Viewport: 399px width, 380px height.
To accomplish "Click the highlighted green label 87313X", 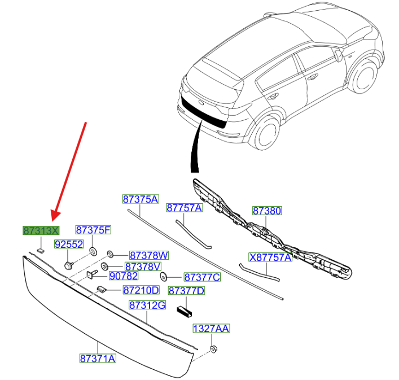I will point(41,230).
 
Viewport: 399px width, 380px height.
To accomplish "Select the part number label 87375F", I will point(94,230).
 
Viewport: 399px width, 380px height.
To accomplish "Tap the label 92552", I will point(69,244).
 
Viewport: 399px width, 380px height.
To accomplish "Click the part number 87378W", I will point(149,255).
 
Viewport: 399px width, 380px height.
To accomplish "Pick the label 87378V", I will point(143,266).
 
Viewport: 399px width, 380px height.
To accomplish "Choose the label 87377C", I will point(202,277).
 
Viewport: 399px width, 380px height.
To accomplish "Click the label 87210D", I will point(141,290).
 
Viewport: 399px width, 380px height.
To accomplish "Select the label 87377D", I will point(186,291).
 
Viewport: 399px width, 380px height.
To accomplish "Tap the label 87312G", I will point(147,305).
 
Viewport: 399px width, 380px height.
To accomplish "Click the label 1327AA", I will point(212,328).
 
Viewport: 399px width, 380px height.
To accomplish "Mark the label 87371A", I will point(98,358).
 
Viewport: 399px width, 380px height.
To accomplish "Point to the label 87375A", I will point(141,199).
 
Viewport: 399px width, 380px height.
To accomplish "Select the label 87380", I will point(266,211).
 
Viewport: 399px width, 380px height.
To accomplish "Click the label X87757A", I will point(270,257).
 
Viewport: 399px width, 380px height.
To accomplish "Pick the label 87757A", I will point(184,208).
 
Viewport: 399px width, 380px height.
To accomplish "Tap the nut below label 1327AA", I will point(214,349).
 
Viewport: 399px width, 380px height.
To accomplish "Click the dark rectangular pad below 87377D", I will point(186,310).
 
